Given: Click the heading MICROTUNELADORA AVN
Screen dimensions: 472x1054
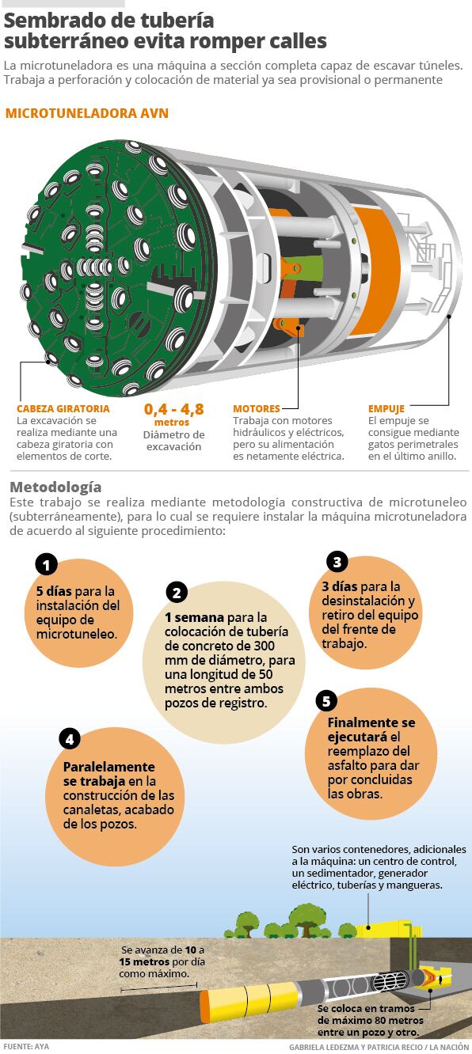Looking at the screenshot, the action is pos(86,113).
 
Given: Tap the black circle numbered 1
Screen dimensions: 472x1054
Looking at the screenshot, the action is pos(46,565).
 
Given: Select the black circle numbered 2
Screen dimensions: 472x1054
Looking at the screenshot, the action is pos(177,592).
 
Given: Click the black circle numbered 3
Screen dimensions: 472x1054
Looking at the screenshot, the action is pos(337,562).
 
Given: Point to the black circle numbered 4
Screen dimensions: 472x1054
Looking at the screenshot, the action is pos(70,739).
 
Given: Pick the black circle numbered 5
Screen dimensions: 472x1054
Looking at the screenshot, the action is pos(326,702).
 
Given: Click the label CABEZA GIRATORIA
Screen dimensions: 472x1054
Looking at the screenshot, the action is pos(63,408).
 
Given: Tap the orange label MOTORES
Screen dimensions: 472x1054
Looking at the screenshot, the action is pos(257,408).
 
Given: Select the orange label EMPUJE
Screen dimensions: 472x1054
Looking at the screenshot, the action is pos(386,408).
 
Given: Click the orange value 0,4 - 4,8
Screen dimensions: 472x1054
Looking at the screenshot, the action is pos(173,409).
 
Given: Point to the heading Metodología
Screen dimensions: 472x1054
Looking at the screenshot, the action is pos(55,487).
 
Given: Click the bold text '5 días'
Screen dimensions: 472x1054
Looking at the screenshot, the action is pos(54,591).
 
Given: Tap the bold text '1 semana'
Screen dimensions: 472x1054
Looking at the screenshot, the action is pos(195,617).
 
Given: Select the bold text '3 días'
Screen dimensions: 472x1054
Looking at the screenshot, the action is pos(340,586).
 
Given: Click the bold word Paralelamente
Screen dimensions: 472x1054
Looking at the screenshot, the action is pos(108,767).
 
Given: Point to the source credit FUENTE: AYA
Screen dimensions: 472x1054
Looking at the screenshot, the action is pos(26,1047).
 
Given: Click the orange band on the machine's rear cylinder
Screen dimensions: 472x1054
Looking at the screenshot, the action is pos(375,272).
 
